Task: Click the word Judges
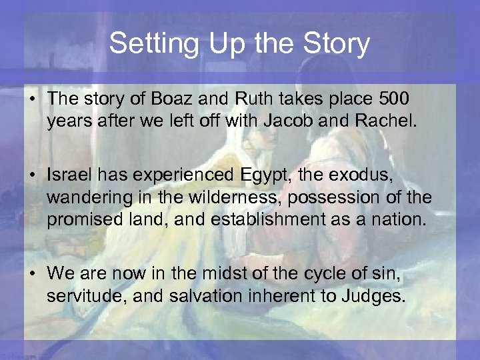pyautogui.click(x=373, y=295)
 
